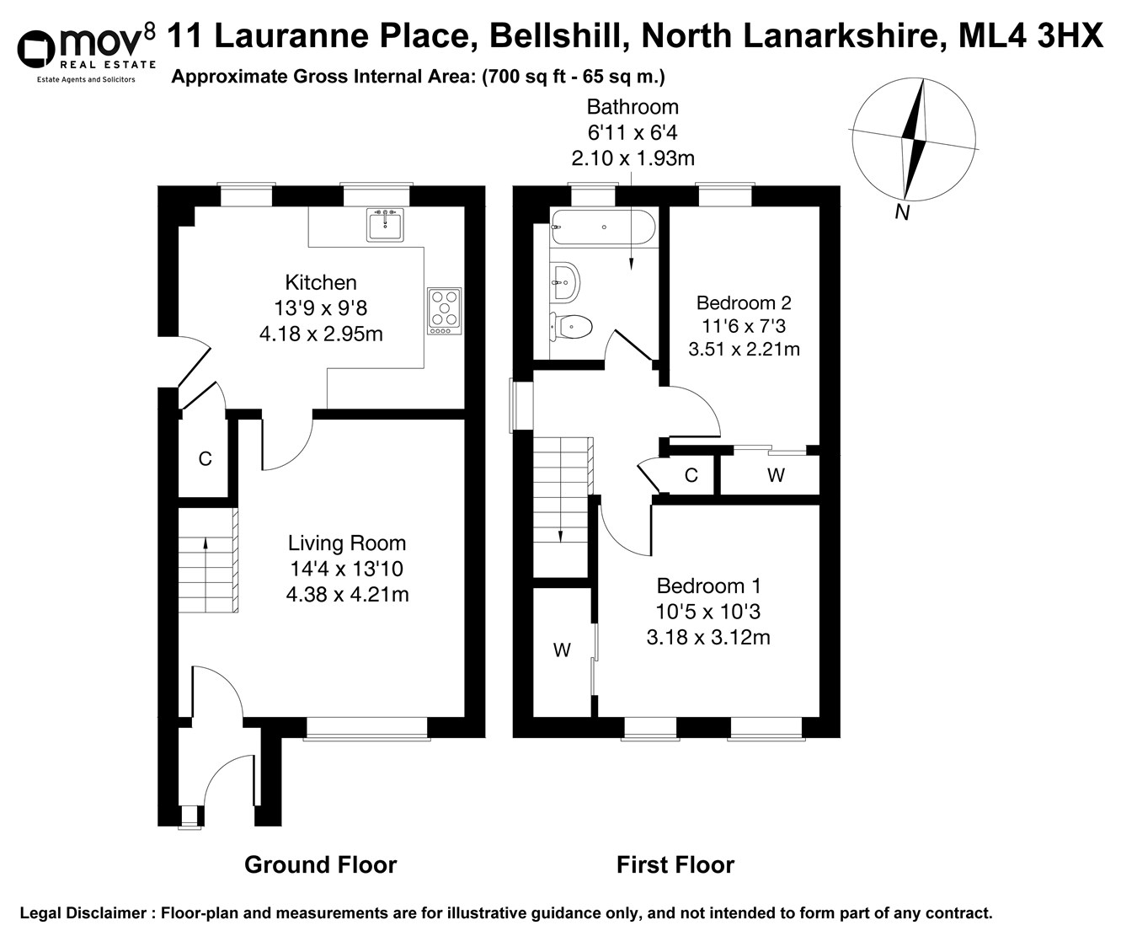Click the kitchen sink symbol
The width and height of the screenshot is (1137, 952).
tap(386, 225)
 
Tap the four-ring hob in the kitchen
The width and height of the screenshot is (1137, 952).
tap(445, 308)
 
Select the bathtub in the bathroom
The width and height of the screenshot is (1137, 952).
tap(602, 227)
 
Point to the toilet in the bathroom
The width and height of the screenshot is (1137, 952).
tap(571, 325)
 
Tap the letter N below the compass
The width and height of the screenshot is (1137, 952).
tap(902, 213)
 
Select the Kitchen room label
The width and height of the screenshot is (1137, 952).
tap(321, 282)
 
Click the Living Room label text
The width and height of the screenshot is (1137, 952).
tap(347, 543)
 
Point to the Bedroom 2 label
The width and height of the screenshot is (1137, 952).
tap(744, 302)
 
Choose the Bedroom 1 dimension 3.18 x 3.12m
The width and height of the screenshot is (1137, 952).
tap(708, 638)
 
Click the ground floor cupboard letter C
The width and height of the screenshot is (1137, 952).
tap(205, 459)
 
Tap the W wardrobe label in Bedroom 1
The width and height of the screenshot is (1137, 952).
tap(562, 650)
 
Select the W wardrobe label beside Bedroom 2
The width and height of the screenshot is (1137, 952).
tap(776, 475)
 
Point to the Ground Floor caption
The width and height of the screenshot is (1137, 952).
tap(320, 864)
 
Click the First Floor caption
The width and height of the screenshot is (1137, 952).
tap(675, 864)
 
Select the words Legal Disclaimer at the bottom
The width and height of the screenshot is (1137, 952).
tap(83, 913)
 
